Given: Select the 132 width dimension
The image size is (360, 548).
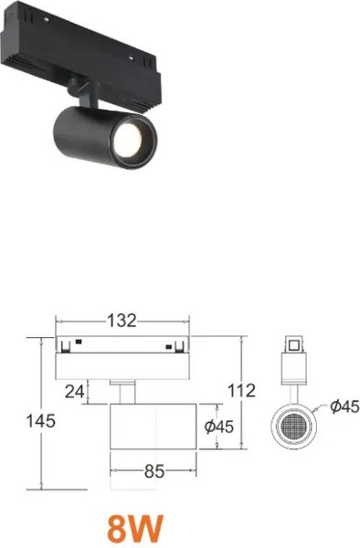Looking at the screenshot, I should pos(122,321).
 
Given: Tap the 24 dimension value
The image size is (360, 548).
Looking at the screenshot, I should pos(76,390).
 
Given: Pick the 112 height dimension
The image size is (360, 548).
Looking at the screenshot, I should pos(239,390).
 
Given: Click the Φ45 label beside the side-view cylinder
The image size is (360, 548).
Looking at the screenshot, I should pos(220,427).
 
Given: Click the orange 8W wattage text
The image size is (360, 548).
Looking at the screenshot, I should pos(134,527).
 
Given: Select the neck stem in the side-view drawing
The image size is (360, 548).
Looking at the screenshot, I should pos(122,390).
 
